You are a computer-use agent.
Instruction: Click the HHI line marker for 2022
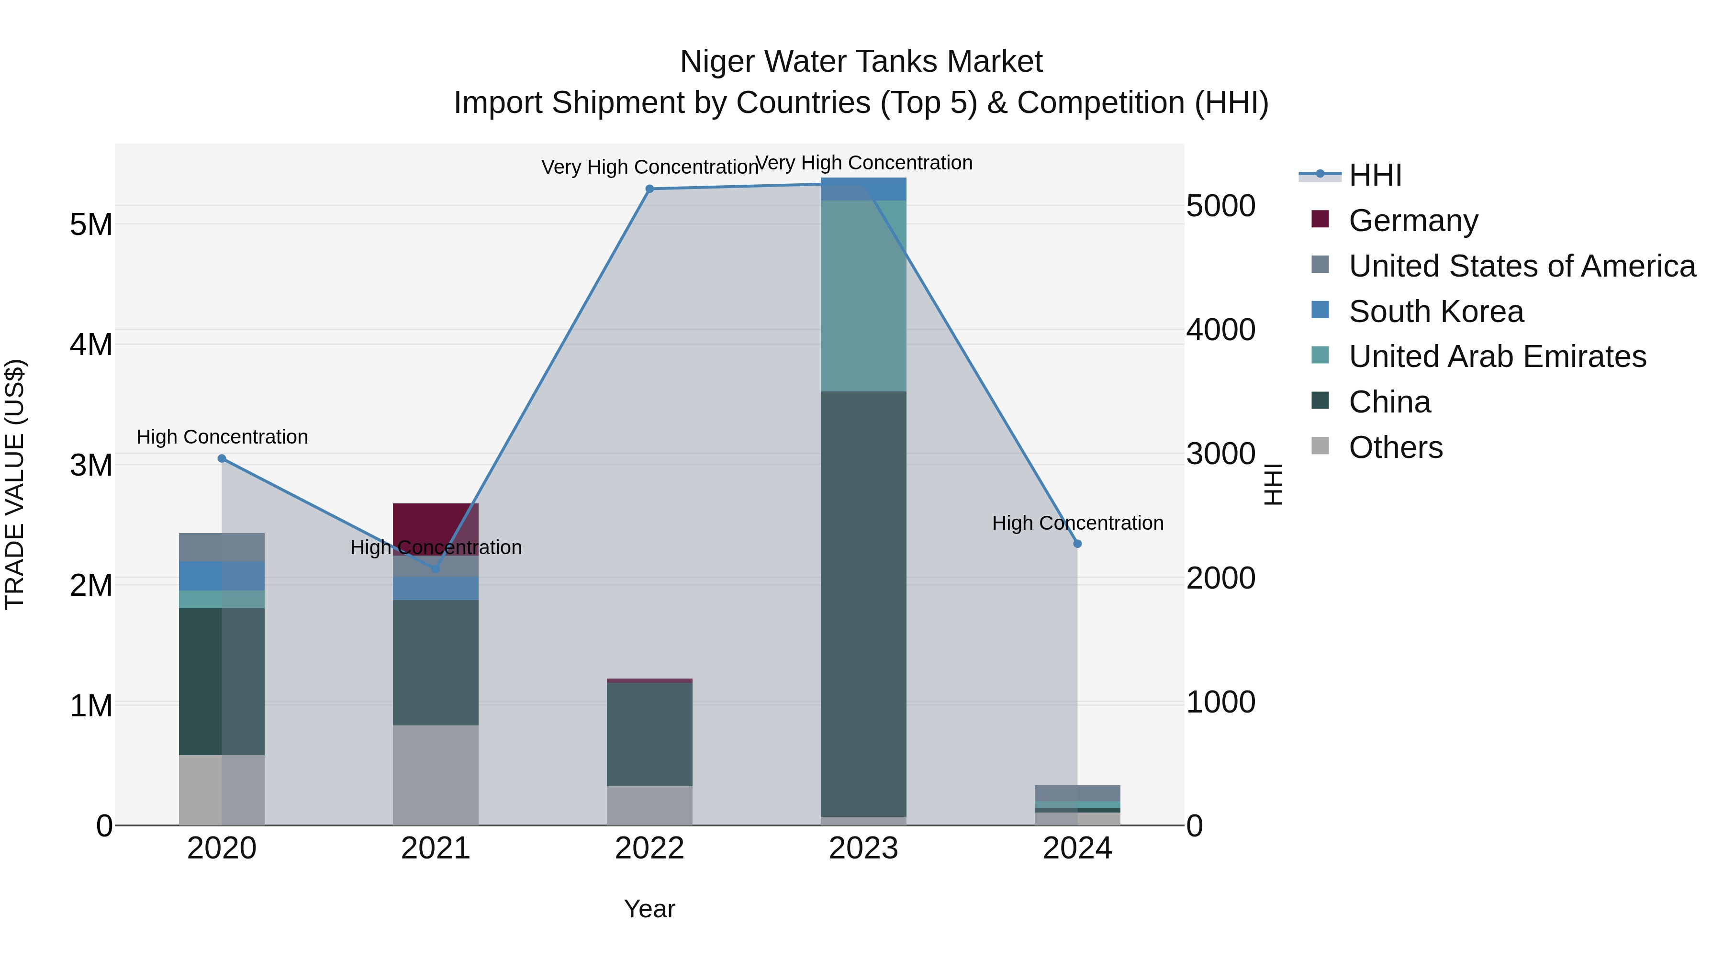coord(649,189)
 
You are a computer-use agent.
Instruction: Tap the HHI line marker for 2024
coord(1077,544)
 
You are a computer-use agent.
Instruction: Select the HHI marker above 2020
coord(222,458)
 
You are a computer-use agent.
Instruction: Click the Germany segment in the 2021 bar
coord(436,525)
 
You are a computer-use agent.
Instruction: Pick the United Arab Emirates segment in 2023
coord(863,296)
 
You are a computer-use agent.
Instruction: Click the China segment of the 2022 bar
coord(649,734)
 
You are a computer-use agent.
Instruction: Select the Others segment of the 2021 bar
coord(436,775)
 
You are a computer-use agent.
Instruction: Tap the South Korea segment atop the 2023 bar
coord(863,189)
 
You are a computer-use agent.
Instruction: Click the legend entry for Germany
coord(1413,221)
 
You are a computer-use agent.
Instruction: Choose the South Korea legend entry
coord(1435,312)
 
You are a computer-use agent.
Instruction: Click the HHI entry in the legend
coord(1375,175)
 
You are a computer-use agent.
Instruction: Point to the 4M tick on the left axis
coord(91,345)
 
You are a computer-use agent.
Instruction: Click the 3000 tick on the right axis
coord(1220,454)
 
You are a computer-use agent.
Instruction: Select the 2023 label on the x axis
coord(863,848)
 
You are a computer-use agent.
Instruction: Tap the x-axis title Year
coord(649,909)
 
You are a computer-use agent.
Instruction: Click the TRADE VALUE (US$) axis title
coord(15,484)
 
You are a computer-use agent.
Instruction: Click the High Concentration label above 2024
coord(1077,523)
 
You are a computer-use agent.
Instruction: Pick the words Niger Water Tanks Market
coord(861,62)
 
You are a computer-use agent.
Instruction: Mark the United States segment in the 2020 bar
coord(222,547)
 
